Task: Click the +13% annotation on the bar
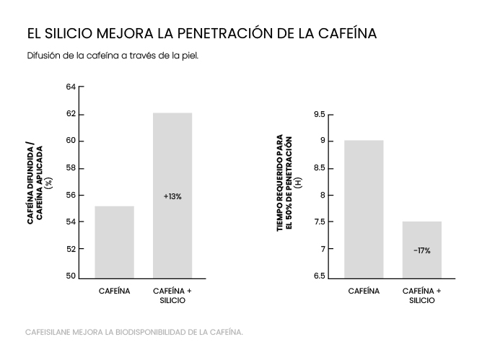[x=172, y=196]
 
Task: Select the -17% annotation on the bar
[x=422, y=250]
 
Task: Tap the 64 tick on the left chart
[x=71, y=87]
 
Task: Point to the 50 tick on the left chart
[x=71, y=276]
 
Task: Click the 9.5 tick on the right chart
[x=318, y=115]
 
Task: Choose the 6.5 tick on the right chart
[x=318, y=276]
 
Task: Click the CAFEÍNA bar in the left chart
[x=115, y=242]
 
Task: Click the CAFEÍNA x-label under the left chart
[x=115, y=291]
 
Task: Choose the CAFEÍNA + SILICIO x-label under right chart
[x=422, y=295]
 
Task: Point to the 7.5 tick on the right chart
[x=318, y=222]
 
